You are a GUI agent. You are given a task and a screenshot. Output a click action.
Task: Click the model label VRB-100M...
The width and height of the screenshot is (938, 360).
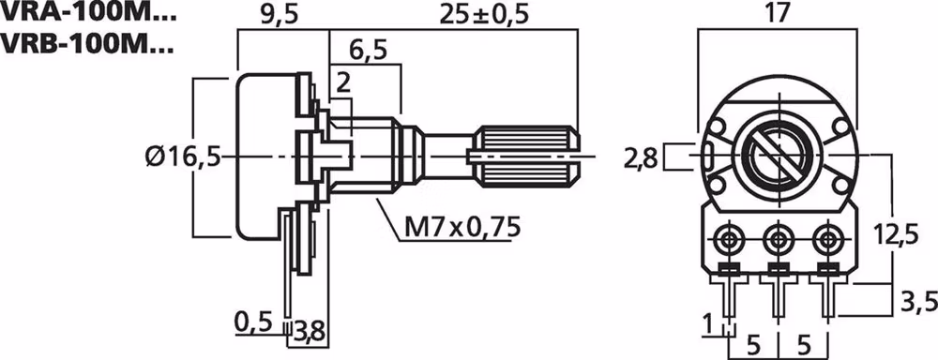point(86,43)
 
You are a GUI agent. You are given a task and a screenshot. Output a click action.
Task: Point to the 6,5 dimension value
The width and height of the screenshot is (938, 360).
point(366,50)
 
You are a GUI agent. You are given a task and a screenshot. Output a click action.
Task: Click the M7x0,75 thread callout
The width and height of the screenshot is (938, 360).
point(462,227)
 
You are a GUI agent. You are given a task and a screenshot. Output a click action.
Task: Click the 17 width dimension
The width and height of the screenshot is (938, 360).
point(774,14)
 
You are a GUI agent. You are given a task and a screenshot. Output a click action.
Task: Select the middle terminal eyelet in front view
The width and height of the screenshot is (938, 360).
point(776,240)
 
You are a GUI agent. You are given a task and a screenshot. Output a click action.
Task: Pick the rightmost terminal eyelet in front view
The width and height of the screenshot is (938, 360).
point(825,240)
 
